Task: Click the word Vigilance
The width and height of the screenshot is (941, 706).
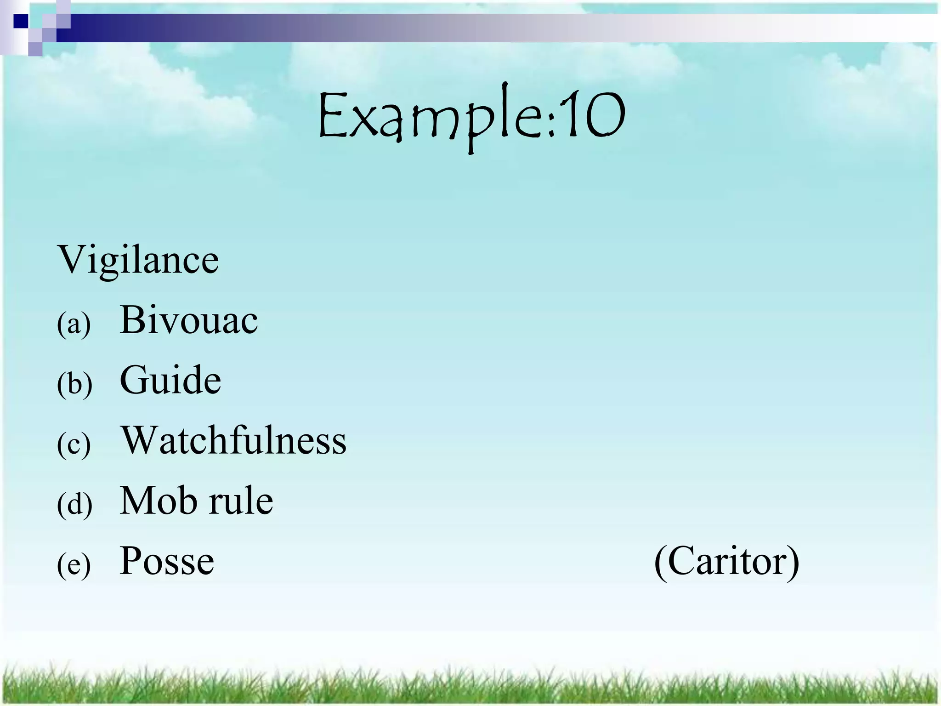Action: (138, 260)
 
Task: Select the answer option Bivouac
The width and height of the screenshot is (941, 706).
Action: (188, 320)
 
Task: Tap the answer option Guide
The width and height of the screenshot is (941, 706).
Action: (170, 381)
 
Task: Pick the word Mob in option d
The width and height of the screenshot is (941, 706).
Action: (157, 501)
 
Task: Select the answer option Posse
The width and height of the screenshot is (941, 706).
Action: (167, 561)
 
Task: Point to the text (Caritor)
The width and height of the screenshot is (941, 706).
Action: (726, 562)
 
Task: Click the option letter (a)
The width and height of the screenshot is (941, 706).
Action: (74, 325)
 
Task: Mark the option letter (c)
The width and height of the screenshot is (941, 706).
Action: (74, 444)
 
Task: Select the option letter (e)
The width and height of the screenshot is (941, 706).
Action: (74, 565)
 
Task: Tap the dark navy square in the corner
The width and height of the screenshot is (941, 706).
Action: (21, 21)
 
